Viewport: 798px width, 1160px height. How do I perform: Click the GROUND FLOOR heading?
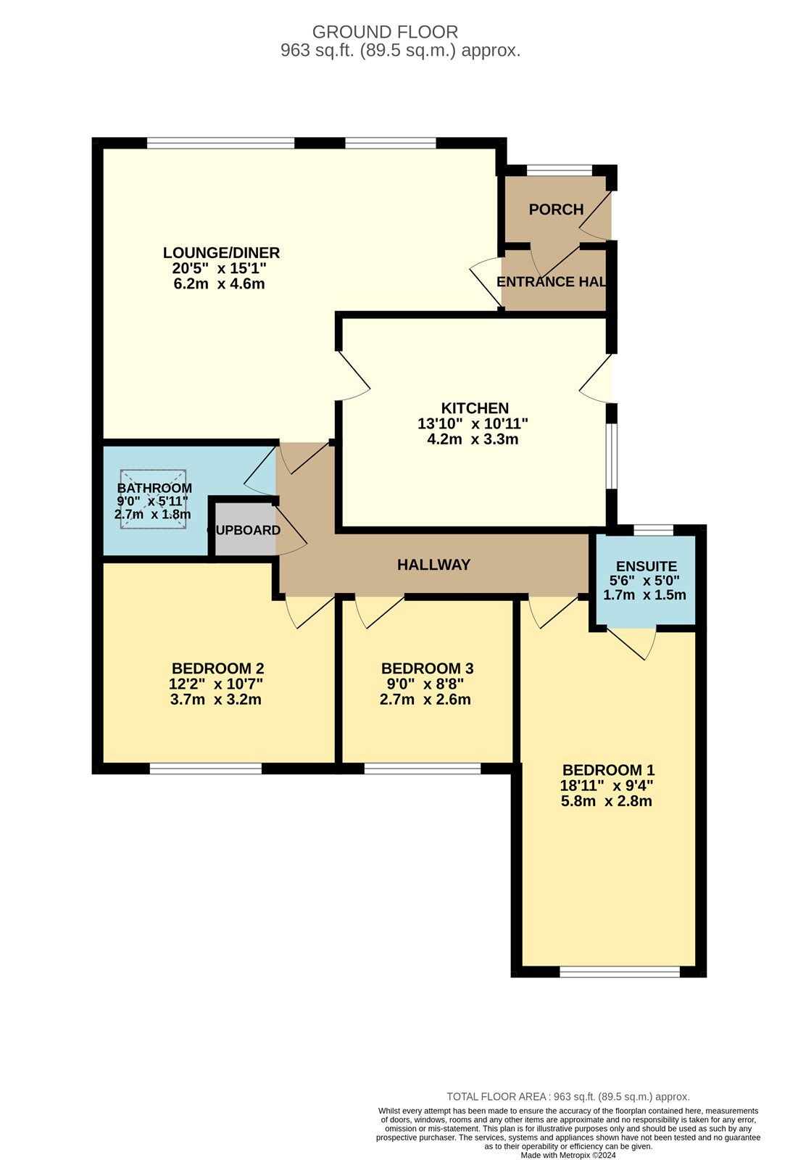coord(385,32)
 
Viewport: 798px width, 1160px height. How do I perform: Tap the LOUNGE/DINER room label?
coord(221,253)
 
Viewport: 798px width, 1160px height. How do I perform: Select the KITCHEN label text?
coord(475,408)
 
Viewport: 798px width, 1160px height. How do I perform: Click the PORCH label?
coord(556,210)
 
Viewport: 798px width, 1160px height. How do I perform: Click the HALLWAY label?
coord(433,565)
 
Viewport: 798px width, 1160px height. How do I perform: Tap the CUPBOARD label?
coord(244,531)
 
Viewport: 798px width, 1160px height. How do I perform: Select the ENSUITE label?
coord(646,566)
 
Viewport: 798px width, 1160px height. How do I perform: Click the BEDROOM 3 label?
coord(427,668)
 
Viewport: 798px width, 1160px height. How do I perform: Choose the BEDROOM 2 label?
coord(217,668)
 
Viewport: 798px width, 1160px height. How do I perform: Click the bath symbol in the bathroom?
coord(153,499)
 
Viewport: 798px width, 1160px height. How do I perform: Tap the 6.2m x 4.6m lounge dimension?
coord(219,284)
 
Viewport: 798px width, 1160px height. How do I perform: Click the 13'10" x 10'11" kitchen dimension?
coord(473,423)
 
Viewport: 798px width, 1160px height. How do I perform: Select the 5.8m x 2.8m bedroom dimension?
coord(606,802)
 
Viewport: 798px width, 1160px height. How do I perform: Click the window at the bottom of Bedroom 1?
coord(620,971)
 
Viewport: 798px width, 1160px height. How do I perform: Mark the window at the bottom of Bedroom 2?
coord(205,768)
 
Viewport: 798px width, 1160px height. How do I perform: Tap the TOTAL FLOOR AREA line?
coord(568,1097)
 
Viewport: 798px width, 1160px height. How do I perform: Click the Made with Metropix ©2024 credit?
coord(567,1154)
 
